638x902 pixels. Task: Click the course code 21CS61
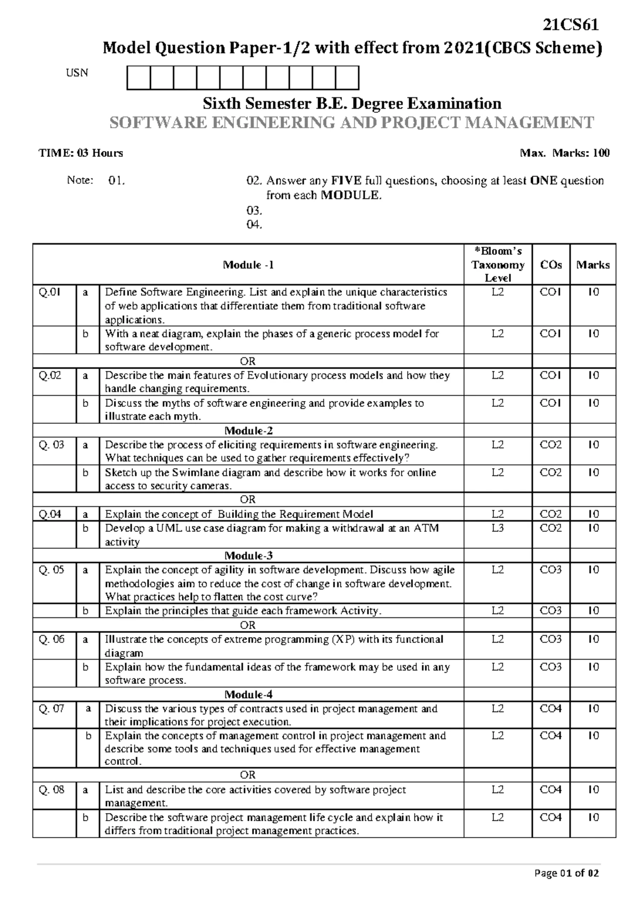570,26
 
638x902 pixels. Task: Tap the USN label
77,73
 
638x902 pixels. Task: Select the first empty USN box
139,77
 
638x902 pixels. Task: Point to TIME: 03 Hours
81,153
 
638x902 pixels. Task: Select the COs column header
551,265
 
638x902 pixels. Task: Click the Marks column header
593,265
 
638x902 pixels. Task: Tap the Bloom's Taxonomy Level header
498,264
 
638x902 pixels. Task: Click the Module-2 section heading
248,431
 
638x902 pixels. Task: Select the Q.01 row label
50,292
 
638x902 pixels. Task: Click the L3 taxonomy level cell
498,528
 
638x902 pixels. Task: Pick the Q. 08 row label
52,790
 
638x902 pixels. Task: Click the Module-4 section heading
248,695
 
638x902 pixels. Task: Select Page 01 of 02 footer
567,873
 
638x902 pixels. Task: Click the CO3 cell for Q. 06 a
551,639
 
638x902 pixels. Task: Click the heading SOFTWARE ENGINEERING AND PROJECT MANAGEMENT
351,123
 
